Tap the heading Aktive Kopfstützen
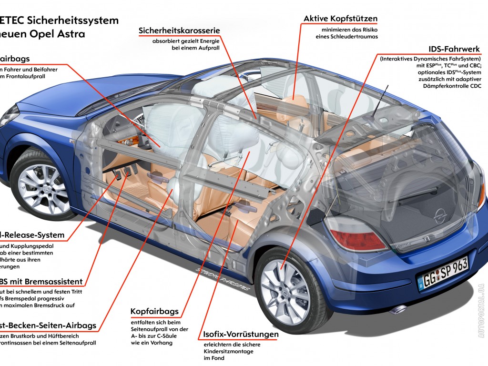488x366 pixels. pyautogui.click(x=340, y=19)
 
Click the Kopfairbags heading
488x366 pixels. pyautogui.click(x=155, y=312)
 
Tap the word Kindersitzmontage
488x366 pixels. pyautogui.click(x=228, y=352)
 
